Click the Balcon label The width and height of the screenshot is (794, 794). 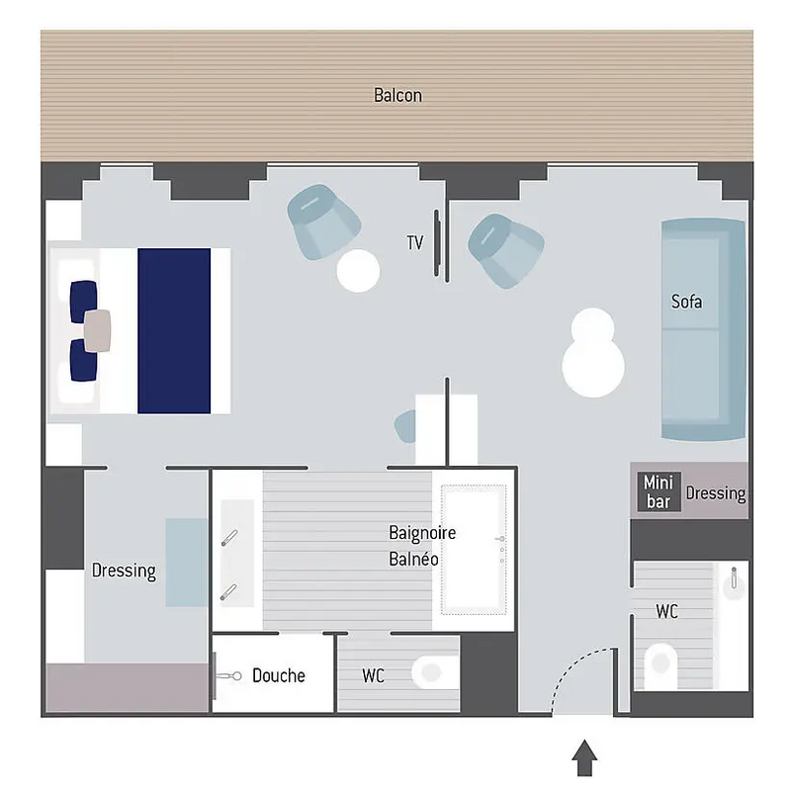point(397,95)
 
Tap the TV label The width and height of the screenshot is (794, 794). point(415,242)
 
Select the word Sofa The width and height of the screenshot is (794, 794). point(686,301)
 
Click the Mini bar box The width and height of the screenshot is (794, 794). point(658,491)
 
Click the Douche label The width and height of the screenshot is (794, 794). point(279,675)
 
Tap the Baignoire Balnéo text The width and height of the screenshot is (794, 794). point(422,545)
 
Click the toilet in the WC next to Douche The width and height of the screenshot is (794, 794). point(432,672)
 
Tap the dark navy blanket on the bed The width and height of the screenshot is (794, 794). point(174,330)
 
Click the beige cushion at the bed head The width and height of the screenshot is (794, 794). point(98,330)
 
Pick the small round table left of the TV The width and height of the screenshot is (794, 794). point(358,270)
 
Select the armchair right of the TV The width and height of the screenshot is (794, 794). point(506,250)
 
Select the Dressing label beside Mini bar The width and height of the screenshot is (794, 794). point(715,492)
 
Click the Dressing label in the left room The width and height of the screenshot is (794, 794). point(124,571)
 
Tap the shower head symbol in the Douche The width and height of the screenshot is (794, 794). point(229,676)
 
